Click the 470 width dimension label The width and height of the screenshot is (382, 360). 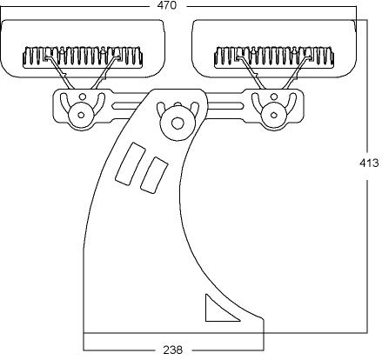pos(166,5)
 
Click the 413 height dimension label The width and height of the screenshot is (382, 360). pos(369,163)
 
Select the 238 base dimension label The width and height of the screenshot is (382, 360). pos(173,350)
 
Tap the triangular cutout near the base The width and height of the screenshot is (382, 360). pos(219,310)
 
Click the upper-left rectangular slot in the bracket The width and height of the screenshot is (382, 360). pos(131,163)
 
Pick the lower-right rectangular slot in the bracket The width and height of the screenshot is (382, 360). pos(154,175)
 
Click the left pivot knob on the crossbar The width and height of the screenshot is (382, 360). pos(81,115)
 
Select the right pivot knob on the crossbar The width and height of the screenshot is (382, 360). pos(273,115)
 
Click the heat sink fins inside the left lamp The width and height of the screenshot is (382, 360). pos(83,57)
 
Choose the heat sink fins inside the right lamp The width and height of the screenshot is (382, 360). pos(274,57)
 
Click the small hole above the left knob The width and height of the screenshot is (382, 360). pos(83,96)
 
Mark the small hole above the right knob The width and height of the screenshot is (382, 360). pos(274,96)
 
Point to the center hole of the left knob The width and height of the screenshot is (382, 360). pos(82,115)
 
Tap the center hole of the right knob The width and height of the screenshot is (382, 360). pos(273,115)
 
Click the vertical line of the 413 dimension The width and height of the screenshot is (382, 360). pos(368,177)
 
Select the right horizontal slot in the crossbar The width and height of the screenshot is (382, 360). pos(225,106)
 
